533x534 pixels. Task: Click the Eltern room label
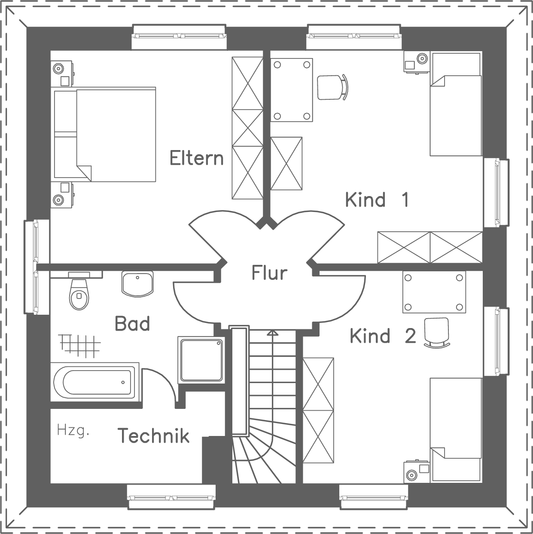197,158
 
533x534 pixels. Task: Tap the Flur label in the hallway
269,273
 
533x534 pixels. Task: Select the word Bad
132,324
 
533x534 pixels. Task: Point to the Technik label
154,436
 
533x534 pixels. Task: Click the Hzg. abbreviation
73,430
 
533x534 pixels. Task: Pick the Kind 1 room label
377,200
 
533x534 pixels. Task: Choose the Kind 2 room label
383,336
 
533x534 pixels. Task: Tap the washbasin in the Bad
137,283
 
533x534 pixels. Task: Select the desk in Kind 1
292,90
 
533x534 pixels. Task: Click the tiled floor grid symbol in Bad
80,344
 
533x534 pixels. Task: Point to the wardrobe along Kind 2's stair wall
318,411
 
